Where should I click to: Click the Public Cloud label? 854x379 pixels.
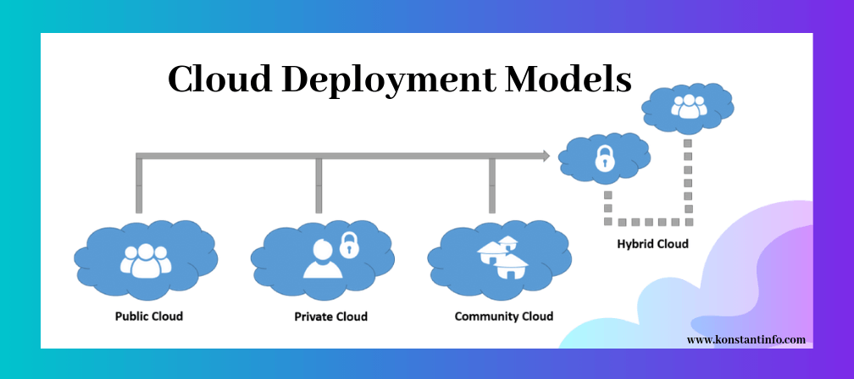click(x=149, y=316)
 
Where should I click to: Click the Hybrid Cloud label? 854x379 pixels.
click(x=652, y=244)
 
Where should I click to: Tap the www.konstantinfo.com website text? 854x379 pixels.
click(x=746, y=339)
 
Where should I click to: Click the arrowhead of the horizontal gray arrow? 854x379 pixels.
click(x=544, y=156)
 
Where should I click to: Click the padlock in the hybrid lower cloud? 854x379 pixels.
click(x=604, y=158)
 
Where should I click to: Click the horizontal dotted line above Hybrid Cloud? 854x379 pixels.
click(x=648, y=222)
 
